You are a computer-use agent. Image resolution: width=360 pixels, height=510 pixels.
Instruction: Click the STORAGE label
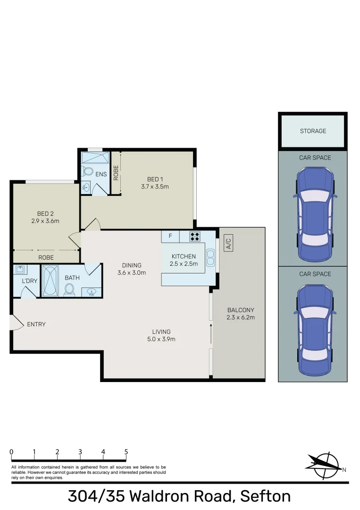(x=313, y=131)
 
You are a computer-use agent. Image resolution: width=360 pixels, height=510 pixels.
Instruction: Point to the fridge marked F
(x=170, y=236)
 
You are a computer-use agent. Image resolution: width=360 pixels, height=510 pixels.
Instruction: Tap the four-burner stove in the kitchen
(x=195, y=237)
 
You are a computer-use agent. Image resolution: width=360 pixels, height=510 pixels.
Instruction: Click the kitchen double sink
(x=210, y=257)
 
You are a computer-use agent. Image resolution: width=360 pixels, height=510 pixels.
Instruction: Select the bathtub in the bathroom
(x=50, y=281)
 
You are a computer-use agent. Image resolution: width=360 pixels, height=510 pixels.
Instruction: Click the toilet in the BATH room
(x=71, y=289)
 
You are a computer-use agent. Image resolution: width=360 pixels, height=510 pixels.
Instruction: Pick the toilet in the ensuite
(x=88, y=171)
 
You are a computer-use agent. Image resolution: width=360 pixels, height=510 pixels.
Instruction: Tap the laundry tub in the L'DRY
(x=20, y=270)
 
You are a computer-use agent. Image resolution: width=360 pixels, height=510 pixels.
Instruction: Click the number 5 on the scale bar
(x=126, y=452)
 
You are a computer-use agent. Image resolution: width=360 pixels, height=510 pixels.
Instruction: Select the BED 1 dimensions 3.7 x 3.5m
(x=155, y=187)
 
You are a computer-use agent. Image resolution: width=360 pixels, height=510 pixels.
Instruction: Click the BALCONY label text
(x=241, y=310)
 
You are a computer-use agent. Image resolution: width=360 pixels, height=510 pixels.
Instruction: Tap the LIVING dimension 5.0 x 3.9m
(x=161, y=339)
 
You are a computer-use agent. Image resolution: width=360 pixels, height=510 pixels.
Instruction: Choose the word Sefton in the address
(x=265, y=496)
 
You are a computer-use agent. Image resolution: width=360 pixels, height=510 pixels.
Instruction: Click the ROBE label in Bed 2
(x=46, y=257)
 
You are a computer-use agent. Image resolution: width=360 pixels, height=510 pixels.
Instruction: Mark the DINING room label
(x=132, y=265)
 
